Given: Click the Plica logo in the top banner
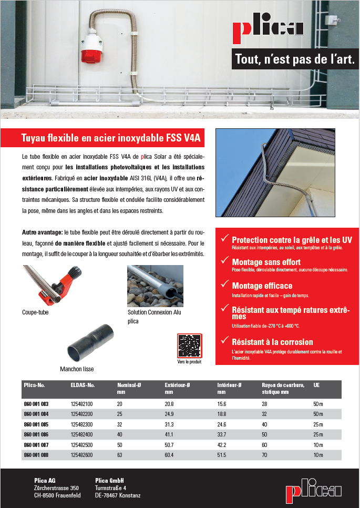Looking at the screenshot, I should (268, 28).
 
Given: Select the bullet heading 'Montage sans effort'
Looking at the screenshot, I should (266, 261).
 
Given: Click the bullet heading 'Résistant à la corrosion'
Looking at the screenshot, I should (272, 342).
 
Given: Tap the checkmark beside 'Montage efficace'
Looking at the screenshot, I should (224, 286).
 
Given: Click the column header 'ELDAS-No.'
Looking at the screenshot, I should (82, 385).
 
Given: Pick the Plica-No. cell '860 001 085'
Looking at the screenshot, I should (36, 424).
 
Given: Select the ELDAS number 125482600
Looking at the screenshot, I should (81, 454).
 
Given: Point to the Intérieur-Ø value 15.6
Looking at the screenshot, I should (222, 404).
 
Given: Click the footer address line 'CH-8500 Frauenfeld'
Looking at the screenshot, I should (57, 495).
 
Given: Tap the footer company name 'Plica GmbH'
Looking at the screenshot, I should (109, 481).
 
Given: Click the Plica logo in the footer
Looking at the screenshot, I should (314, 491).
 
